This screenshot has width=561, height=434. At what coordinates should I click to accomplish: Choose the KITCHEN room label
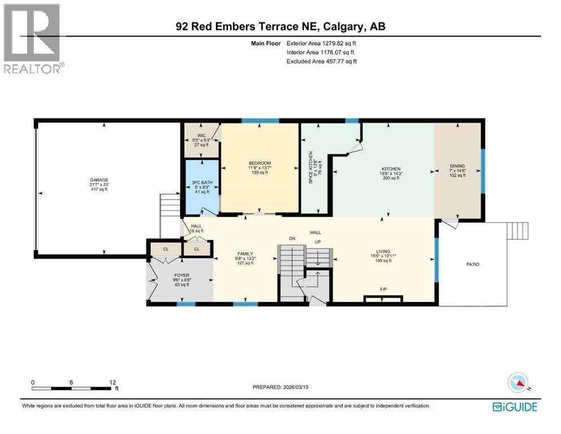click(x=391, y=169)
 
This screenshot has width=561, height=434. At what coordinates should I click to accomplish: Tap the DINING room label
click(x=457, y=166)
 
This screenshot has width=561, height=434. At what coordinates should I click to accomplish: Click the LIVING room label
click(x=384, y=252)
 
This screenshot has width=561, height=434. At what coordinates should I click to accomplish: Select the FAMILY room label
click(x=245, y=254)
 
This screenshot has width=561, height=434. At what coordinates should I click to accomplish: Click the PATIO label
click(x=472, y=264)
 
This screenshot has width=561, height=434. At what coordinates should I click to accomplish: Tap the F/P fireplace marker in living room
click(x=383, y=289)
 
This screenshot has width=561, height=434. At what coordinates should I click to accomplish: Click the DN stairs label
click(x=292, y=239)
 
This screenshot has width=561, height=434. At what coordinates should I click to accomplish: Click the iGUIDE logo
click(x=514, y=406)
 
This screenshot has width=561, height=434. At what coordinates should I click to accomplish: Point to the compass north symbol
click(x=518, y=383)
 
